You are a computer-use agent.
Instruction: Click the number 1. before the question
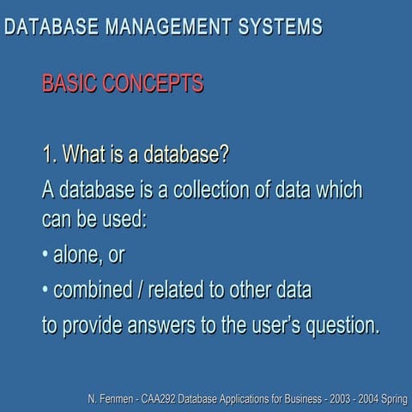[x=50, y=156]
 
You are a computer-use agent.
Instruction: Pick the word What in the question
[x=85, y=156]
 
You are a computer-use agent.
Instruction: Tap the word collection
[x=197, y=189]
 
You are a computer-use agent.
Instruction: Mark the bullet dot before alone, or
[x=45, y=256]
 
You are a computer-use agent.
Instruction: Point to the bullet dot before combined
[x=45, y=291]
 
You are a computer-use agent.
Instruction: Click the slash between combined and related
[x=139, y=291]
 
